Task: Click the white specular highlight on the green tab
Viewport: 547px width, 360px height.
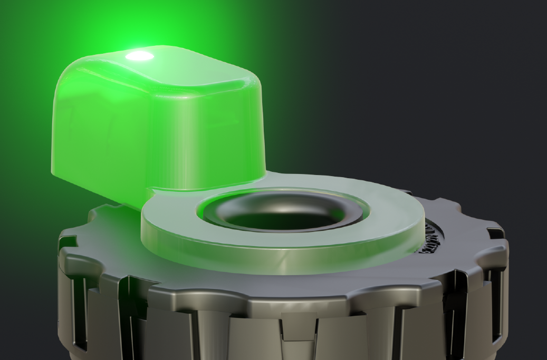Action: (140, 56)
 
